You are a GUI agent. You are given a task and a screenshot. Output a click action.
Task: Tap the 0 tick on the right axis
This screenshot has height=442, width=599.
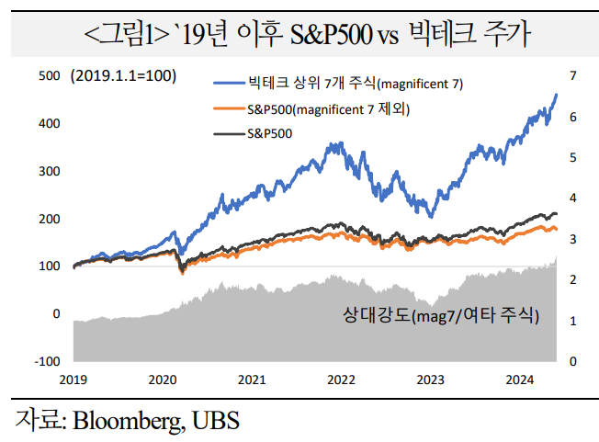click(572, 361)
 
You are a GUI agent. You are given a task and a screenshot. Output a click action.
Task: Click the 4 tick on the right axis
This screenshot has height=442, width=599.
click(572, 198)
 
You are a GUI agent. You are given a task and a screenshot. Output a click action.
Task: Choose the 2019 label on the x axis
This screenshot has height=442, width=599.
click(73, 379)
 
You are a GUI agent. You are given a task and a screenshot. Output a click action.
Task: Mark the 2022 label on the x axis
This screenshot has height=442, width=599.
click(342, 379)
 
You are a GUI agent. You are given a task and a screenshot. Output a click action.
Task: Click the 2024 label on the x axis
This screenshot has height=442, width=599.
click(521, 379)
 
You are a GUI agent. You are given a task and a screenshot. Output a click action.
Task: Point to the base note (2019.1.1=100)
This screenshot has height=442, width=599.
click(123, 76)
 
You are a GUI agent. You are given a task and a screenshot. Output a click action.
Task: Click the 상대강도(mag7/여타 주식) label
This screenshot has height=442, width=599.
click(440, 317)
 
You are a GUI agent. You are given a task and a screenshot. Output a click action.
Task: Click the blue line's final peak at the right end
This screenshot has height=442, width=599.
click(556, 95)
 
